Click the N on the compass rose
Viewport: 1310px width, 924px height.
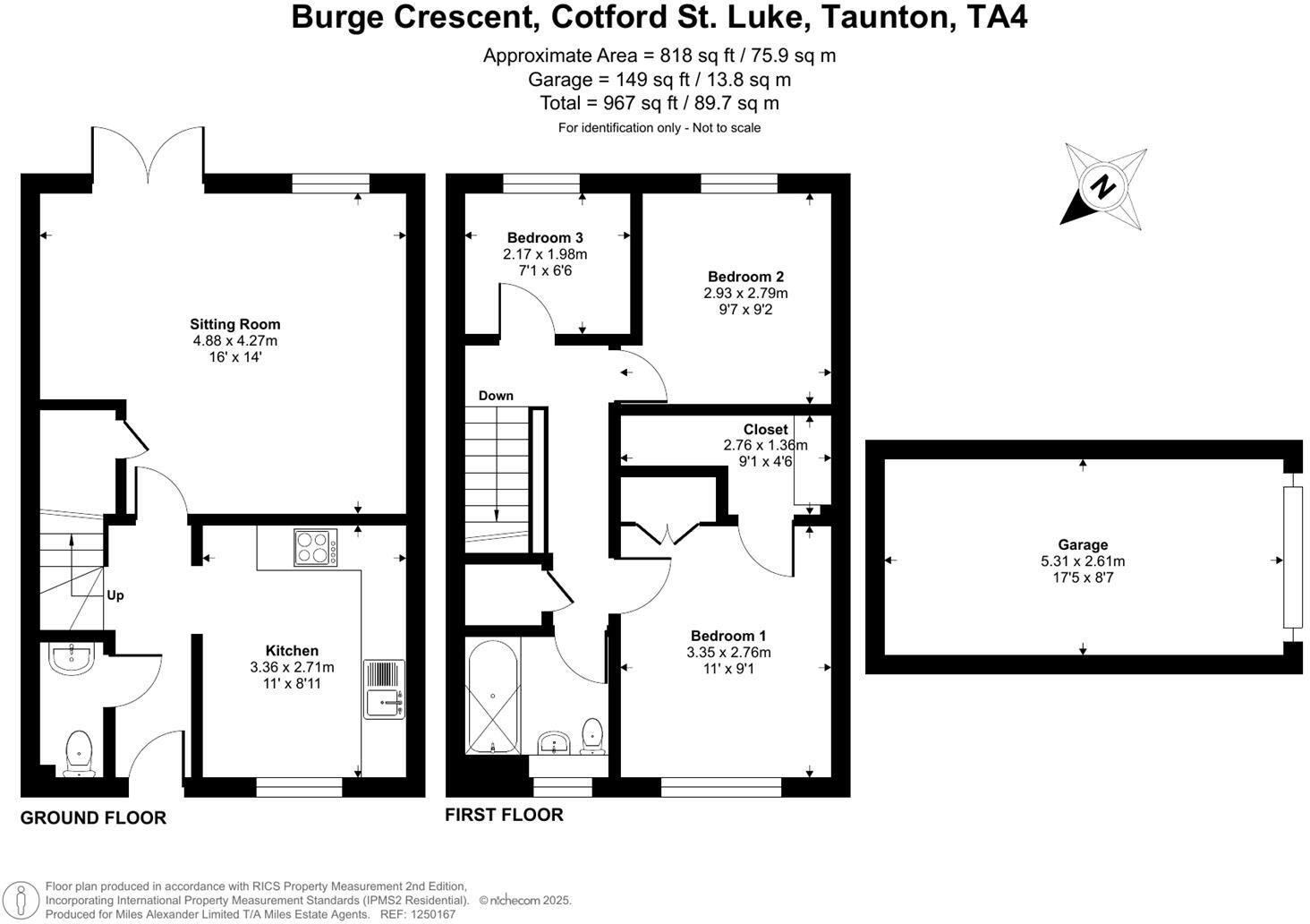pos(1103,186)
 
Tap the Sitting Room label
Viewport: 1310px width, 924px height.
pos(235,324)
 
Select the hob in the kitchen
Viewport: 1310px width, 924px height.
pos(316,547)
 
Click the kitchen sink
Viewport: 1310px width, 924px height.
pos(384,689)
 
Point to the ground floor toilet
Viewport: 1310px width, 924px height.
pos(79,753)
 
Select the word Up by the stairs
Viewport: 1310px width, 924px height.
pos(115,595)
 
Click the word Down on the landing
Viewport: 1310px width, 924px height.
pos(496,396)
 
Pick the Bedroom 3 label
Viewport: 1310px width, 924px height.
pos(545,237)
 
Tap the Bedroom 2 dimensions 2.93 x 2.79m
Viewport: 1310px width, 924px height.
pos(745,293)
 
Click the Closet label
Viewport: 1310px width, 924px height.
pos(766,429)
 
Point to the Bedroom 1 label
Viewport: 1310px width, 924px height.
pos(728,636)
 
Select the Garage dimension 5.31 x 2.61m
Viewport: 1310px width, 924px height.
pos(1083,561)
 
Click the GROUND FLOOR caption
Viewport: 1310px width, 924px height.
pos(94,817)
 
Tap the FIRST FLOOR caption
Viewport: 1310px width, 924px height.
pos(504,815)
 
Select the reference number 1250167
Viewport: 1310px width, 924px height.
pos(432,914)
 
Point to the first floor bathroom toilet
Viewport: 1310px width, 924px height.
pos(592,737)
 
